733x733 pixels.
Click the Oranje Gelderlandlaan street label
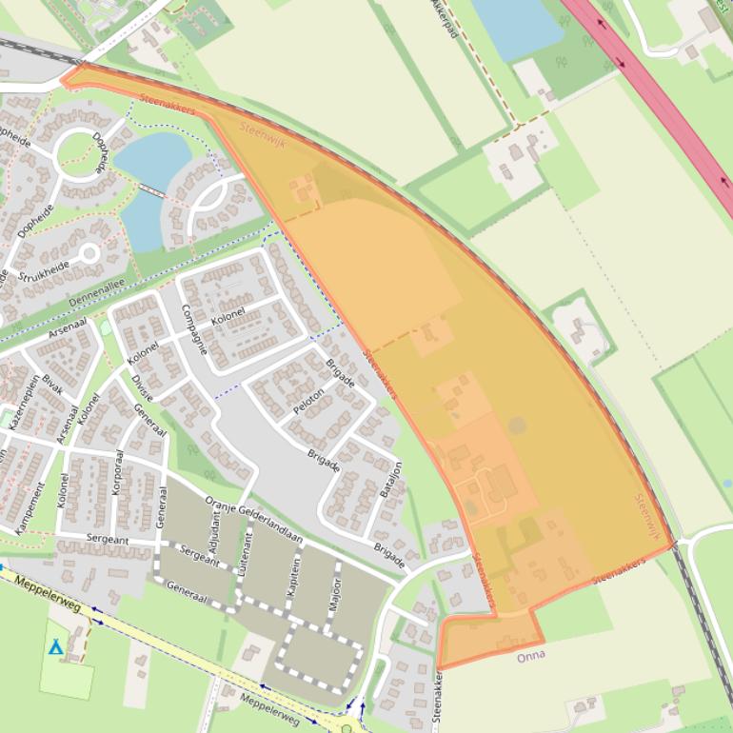coord(254,522)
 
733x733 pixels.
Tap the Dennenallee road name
coord(96,291)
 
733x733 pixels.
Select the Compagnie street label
coord(193,329)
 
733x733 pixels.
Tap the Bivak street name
coord(52,385)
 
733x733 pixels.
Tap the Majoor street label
coord(335,592)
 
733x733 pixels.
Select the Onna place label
coord(530,657)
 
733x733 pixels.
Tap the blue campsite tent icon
coord(56,648)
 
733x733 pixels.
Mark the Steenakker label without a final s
coord(438,701)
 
